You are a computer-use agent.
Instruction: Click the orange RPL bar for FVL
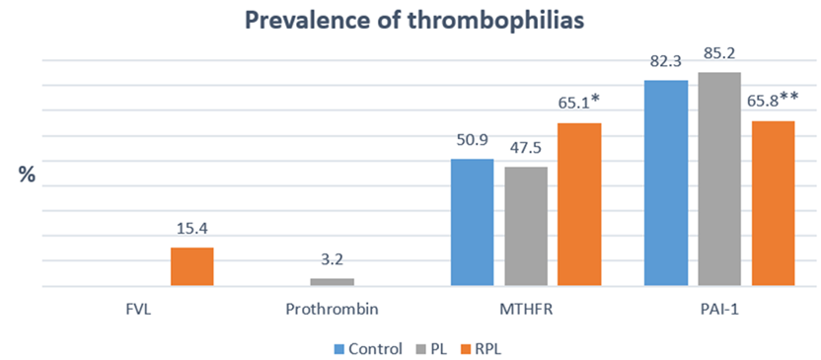point(192,266)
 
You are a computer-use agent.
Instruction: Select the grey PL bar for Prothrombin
point(332,282)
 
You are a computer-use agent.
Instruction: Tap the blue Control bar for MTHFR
point(472,222)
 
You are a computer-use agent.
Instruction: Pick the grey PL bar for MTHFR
point(526,227)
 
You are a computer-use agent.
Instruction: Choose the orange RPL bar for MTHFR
point(579,204)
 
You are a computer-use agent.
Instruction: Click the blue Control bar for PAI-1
point(666,183)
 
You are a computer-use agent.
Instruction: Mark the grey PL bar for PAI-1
point(719,180)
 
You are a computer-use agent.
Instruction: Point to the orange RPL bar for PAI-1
point(774,203)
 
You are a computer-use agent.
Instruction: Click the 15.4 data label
point(192,230)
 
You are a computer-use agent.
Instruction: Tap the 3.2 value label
point(333,261)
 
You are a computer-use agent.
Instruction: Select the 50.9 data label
point(472,142)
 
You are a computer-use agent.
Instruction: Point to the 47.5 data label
point(526,150)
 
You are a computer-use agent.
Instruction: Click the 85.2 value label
point(719,53)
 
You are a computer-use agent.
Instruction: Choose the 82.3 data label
point(666,62)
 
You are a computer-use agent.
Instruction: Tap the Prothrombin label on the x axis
point(333,311)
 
